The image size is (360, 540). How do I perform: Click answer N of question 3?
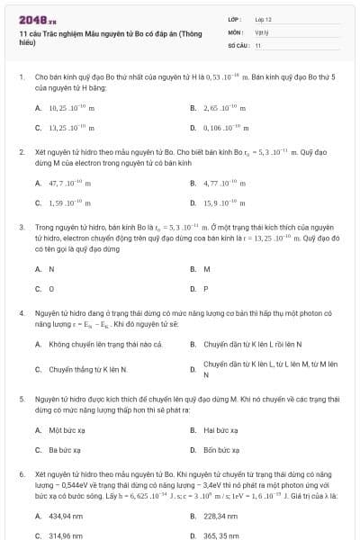51,268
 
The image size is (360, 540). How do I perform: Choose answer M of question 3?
207,268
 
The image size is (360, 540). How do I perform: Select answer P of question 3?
206,289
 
